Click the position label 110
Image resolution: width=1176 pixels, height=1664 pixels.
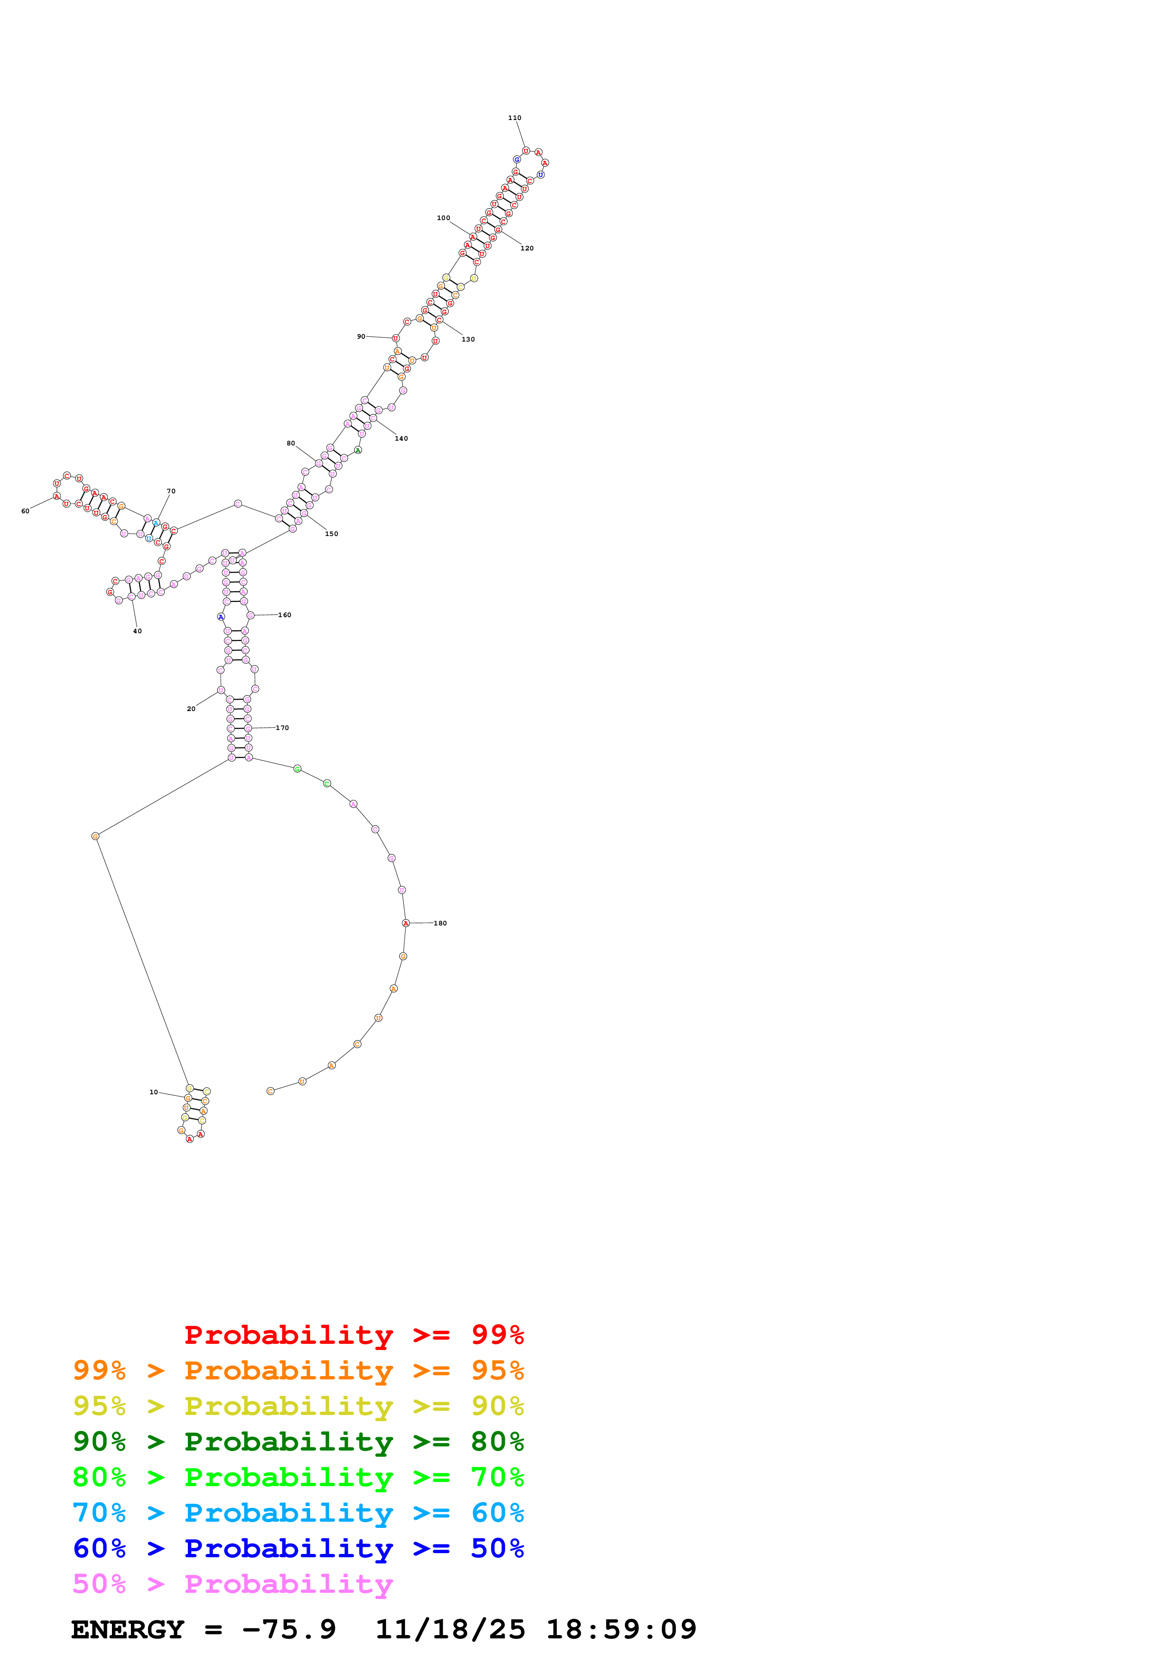point(514,118)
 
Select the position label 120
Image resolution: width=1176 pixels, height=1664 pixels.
point(527,248)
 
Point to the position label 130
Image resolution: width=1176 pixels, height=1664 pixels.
point(468,339)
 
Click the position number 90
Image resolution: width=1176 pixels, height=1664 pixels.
point(361,336)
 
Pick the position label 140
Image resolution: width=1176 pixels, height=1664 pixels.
point(401,438)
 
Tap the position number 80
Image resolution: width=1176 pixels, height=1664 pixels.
point(290,443)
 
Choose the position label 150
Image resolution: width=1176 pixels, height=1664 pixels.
point(331,534)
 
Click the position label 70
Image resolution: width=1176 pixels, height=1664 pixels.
point(171,490)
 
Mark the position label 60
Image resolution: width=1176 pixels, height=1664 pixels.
point(25,511)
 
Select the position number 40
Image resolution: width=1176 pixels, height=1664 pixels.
point(138,630)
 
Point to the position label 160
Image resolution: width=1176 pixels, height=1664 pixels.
point(285,615)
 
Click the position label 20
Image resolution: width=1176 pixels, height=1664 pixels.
point(191,709)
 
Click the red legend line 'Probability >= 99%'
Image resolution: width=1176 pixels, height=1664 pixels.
point(353,1335)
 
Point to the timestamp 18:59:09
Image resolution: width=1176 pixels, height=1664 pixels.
point(621,1630)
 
